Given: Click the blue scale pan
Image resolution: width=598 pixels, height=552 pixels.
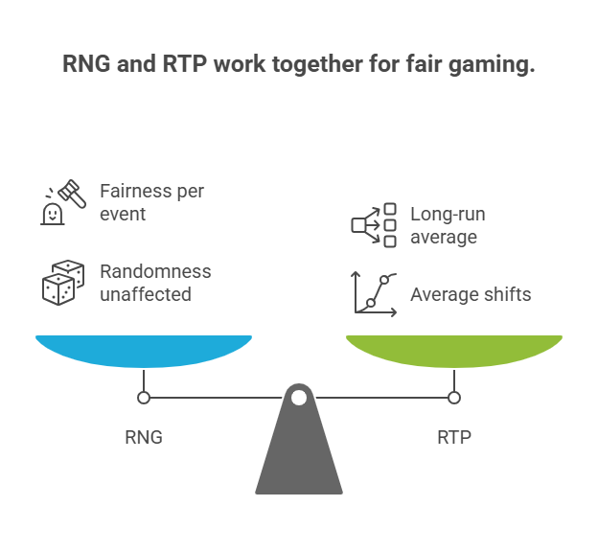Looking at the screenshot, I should [144, 350].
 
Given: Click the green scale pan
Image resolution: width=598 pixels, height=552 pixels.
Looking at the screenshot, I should [454, 350].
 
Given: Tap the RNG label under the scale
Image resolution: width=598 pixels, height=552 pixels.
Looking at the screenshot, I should [144, 438].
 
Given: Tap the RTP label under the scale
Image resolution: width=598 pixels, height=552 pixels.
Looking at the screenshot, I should [454, 438].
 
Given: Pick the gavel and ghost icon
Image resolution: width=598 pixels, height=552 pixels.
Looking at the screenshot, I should [58, 202].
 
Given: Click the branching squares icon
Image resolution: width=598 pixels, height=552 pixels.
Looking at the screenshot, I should [374, 224].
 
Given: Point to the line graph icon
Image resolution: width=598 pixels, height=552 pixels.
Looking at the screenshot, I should [374, 293].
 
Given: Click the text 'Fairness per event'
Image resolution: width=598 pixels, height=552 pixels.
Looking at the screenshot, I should [151, 202].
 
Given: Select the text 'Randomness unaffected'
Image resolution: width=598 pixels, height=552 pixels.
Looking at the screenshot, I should [155, 283].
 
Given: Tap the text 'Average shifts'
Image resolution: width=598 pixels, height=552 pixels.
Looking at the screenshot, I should [471, 294].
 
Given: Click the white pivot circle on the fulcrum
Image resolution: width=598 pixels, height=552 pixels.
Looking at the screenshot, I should [299, 397].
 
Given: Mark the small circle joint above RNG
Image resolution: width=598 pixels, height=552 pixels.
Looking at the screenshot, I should [144, 398].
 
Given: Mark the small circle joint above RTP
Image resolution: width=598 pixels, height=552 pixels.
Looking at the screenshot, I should [454, 398].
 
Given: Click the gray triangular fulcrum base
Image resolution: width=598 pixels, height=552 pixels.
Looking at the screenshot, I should [299, 455].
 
